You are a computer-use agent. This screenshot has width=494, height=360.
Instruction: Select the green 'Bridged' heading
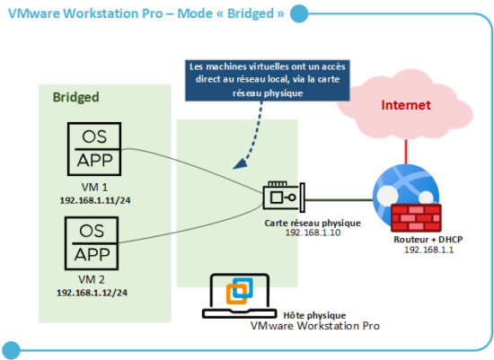[75, 96]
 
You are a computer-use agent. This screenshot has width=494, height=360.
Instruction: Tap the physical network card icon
[283, 197]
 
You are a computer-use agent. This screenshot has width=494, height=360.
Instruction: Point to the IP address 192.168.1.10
[314, 233]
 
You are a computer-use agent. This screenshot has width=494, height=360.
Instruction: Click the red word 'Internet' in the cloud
[406, 106]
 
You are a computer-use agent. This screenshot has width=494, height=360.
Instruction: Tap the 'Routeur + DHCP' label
[424, 241]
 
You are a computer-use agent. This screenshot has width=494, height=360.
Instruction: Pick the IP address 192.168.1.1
[425, 252]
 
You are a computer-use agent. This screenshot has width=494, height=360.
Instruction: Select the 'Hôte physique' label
[308, 317]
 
